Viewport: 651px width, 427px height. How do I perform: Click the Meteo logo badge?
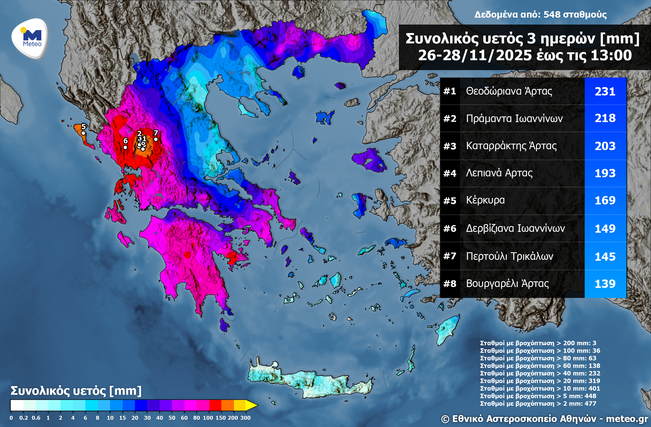[30, 39]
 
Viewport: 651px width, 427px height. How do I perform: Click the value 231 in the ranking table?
[605, 92]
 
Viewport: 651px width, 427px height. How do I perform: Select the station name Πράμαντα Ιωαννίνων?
[514, 118]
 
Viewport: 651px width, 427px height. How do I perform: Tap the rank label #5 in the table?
[450, 201]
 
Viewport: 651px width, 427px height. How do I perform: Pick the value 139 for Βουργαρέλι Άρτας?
[605, 284]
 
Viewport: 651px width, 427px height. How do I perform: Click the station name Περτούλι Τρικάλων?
[510, 256]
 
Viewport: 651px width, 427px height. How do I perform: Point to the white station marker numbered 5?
[83, 133]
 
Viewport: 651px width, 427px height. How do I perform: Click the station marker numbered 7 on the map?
[156, 139]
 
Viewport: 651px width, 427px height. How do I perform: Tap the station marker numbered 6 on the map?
[125, 147]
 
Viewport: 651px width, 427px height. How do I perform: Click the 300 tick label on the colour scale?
[245, 418]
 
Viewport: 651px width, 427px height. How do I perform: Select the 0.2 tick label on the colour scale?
[24, 418]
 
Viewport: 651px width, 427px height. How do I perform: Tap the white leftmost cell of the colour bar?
[17, 405]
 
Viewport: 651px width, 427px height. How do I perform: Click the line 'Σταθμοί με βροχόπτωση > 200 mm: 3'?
[538, 343]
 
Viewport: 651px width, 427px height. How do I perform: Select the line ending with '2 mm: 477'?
[538, 403]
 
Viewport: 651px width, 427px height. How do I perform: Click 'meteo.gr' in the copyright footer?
[627, 419]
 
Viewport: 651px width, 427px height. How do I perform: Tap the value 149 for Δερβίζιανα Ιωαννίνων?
[605, 229]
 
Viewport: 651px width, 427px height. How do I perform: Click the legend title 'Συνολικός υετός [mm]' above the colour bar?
[76, 391]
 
